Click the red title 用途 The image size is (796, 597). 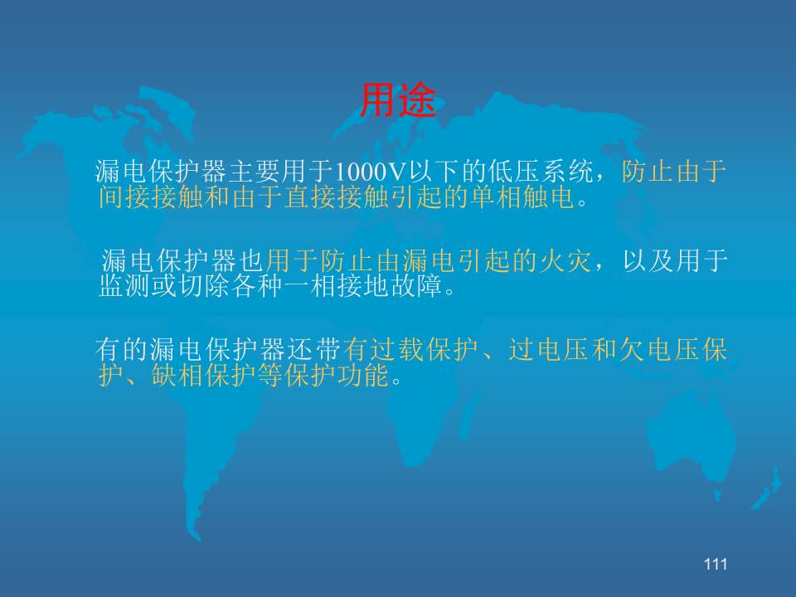pos(399,100)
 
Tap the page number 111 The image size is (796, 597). pos(716,564)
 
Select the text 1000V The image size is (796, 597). pos(370,172)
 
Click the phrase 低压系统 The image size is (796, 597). pos(541,172)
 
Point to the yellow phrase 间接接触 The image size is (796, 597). pos(151,197)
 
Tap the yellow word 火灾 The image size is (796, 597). pos(565,261)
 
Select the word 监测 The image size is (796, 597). pos(125,285)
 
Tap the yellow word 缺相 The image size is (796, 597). pos(177,375)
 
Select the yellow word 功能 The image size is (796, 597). pos(363,375)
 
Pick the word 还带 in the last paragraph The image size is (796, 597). pos(315,350)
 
